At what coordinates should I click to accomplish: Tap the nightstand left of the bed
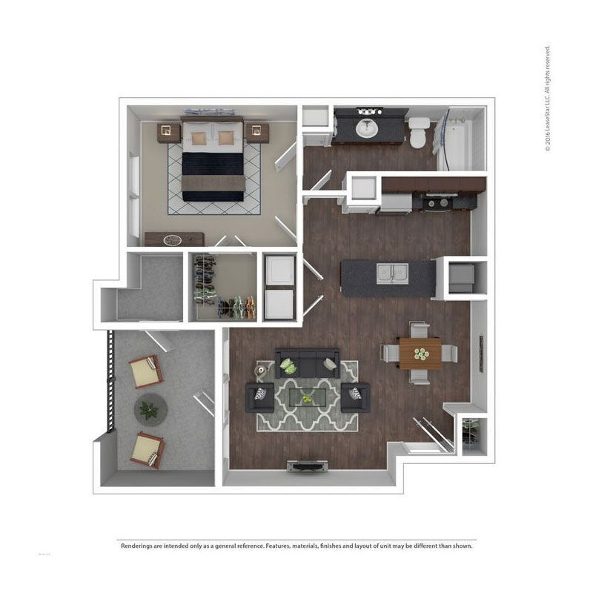click(x=169, y=133)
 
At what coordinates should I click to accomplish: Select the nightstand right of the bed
click(x=256, y=133)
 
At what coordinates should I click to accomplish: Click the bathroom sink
click(x=366, y=128)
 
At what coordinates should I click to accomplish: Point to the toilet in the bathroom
click(x=419, y=132)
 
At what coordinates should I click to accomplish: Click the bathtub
click(x=454, y=141)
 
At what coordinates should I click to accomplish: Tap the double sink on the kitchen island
click(x=392, y=274)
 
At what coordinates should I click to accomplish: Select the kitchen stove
click(x=437, y=201)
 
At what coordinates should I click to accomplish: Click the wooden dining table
click(x=420, y=354)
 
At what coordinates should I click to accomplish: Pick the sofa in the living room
click(x=307, y=363)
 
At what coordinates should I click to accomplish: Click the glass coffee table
click(x=307, y=399)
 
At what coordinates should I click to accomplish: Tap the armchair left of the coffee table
click(x=259, y=397)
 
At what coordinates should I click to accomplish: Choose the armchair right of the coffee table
click(x=355, y=397)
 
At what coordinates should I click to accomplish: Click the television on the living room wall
click(x=307, y=466)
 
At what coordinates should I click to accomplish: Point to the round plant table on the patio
click(x=150, y=408)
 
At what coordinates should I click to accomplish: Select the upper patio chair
click(x=146, y=371)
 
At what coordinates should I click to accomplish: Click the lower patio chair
click(x=147, y=449)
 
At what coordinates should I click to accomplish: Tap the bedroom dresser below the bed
click(x=174, y=239)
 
